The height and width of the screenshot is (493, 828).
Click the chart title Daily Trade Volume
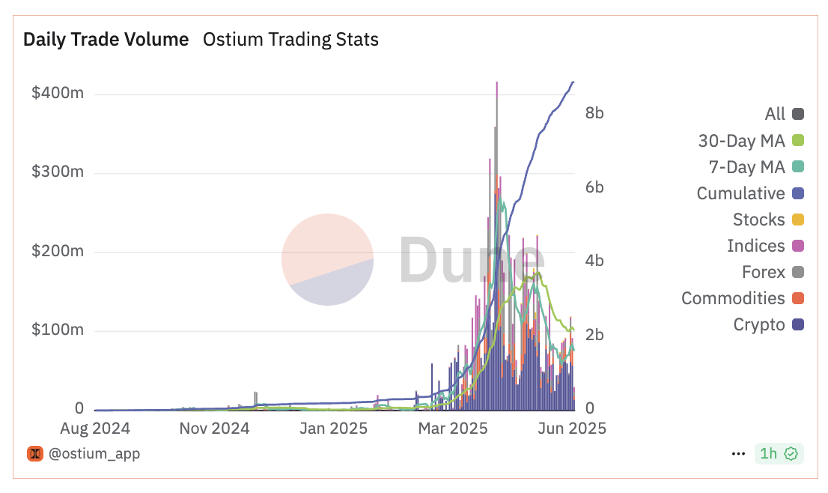[106, 40]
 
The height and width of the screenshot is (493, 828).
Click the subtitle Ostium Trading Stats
[290, 40]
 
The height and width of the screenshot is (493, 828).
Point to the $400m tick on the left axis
[57, 94]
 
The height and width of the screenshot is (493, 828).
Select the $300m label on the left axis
[57, 173]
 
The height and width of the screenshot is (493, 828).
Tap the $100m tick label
[57, 330]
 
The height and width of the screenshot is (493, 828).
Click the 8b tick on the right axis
[594, 113]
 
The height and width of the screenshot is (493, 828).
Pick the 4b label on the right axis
[594, 261]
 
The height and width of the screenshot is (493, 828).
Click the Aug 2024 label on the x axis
[96, 429]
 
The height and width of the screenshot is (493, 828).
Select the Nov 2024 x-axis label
[214, 429]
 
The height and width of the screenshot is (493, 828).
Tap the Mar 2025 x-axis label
[452, 429]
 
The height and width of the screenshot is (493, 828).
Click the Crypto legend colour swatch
[798, 324]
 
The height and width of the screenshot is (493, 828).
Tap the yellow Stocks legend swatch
[798, 220]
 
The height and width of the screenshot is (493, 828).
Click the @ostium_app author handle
[94, 453]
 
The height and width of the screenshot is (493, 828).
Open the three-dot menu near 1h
[738, 453]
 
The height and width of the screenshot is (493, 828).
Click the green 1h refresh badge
[779, 453]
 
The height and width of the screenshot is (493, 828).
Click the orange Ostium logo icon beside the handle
[35, 453]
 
